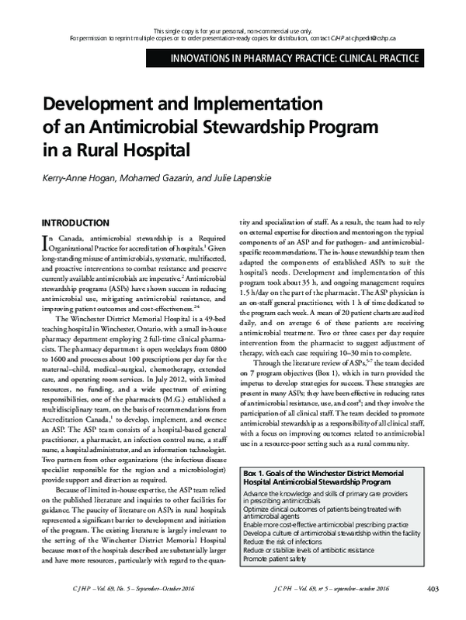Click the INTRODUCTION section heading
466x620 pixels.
(75, 222)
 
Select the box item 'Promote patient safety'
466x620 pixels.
(276, 581)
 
